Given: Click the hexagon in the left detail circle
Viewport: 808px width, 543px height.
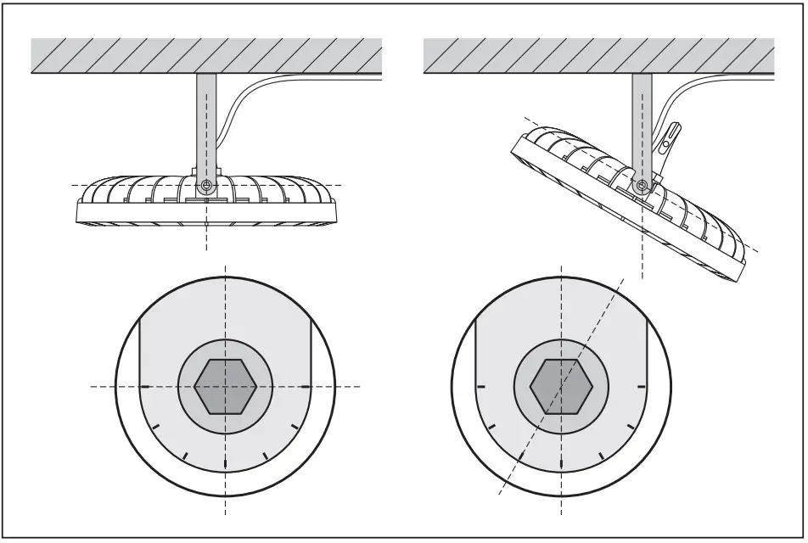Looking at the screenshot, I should pos(225,386).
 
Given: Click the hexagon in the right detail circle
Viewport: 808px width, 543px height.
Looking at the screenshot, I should pos(561,386).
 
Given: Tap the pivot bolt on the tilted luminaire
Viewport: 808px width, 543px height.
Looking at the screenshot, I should pos(643,185).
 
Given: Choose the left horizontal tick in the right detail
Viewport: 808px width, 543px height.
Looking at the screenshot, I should pos(480,386).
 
